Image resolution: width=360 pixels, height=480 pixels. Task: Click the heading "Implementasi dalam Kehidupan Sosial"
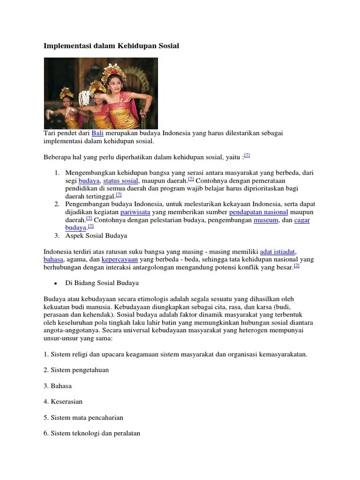(111, 46)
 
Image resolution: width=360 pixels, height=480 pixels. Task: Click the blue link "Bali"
(97, 133)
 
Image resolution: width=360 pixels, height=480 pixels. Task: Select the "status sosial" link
(120, 181)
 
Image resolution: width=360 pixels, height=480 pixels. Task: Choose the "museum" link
(266, 220)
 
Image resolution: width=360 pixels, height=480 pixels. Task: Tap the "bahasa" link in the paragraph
(53, 259)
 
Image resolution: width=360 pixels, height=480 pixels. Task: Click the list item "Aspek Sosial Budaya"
(96, 235)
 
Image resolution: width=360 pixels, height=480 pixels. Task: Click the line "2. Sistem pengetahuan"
(76, 370)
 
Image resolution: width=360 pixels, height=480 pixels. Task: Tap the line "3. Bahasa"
(58, 386)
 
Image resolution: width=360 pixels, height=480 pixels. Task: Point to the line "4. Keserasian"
(63, 402)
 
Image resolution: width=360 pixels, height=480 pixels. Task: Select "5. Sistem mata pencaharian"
(83, 418)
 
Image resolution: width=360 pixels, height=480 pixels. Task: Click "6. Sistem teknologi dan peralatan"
(92, 434)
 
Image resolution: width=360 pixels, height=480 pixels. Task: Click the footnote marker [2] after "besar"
(296, 265)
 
